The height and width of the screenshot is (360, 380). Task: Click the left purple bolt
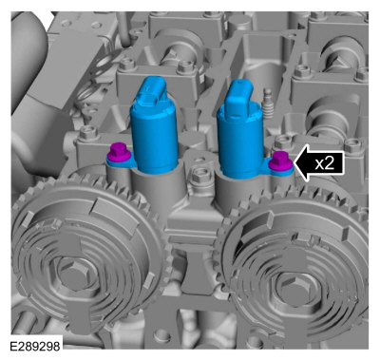[x=119, y=151]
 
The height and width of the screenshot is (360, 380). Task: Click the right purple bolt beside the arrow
[x=281, y=161]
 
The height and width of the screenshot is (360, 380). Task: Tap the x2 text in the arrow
[x=325, y=163]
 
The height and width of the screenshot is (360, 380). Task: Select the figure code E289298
[x=35, y=347]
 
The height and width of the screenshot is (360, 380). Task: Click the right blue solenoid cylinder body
[x=241, y=143]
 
